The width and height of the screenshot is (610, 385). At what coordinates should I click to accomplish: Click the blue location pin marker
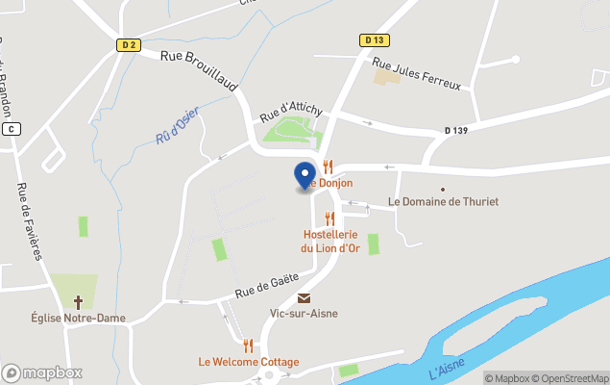pos(305,175)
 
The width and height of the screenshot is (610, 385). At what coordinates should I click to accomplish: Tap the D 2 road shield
pos(129,44)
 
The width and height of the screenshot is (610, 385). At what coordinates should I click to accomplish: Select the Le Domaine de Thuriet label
pos(443,202)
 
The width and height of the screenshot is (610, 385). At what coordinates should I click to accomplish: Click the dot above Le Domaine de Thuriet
pos(443,190)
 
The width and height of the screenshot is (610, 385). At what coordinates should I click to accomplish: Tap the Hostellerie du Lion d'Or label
pos(331,241)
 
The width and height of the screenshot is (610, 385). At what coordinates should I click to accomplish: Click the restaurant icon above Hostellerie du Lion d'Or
pos(331,218)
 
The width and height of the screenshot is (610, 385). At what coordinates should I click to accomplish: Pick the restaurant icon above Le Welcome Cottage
pos(248,346)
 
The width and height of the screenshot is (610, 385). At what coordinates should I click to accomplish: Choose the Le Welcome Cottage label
pos(248,362)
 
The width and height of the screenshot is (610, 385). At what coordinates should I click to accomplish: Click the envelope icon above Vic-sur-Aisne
pos(304,298)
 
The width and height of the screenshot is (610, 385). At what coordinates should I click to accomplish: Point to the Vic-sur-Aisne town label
pos(304,314)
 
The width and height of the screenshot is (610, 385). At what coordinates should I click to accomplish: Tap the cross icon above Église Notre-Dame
pos(78,301)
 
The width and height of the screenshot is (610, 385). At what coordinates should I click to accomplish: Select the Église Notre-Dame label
pos(77,317)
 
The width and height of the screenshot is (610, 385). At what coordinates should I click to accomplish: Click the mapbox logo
pos(42,372)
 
